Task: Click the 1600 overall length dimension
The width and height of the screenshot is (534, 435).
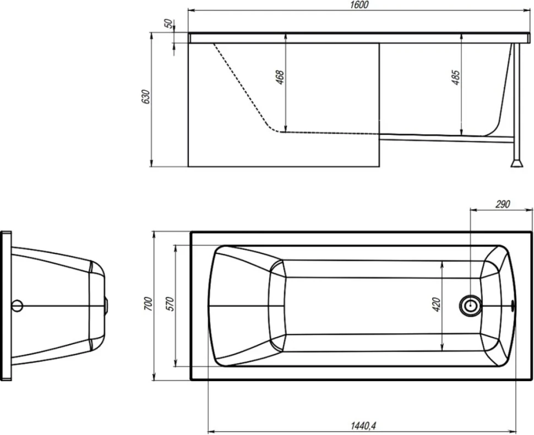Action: tap(359, 5)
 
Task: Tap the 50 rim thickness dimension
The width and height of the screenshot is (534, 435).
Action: tap(168, 24)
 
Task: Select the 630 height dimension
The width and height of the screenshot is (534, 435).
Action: tap(145, 97)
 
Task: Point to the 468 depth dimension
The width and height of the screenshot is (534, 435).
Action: tap(280, 77)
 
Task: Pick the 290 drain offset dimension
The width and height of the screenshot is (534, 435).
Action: tap(503, 204)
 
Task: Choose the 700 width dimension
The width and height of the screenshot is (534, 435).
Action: tap(149, 304)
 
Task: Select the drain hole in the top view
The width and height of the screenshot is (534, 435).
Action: tap(470, 305)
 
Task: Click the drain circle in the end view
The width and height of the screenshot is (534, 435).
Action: tap(17, 306)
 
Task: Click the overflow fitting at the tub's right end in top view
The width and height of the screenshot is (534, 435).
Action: tap(513, 306)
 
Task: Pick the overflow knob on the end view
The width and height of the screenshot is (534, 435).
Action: tap(106, 305)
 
